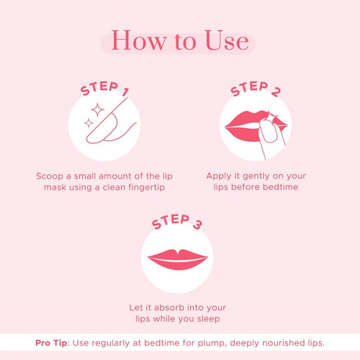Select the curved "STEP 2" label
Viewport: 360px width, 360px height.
(255, 89)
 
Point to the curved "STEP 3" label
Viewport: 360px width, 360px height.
(176, 220)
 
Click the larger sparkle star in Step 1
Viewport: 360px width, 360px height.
(96, 110)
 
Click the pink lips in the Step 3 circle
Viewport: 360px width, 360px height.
(178, 259)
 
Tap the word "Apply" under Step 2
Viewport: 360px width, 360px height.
(219, 176)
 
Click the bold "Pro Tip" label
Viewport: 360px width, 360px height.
(52, 343)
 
